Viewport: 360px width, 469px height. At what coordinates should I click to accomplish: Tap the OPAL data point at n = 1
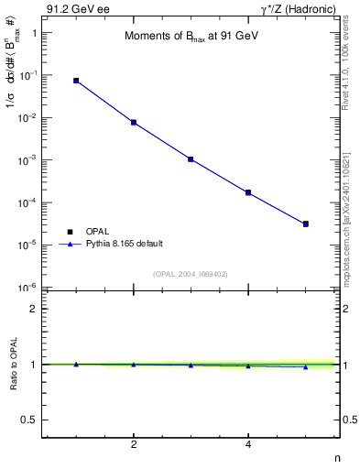click(76, 81)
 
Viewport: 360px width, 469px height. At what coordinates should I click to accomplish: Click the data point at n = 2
click(134, 122)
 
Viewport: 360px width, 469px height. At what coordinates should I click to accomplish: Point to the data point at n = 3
click(191, 159)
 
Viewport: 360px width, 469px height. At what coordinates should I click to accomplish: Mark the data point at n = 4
click(248, 192)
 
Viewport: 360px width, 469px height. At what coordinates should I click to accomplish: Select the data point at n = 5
click(306, 224)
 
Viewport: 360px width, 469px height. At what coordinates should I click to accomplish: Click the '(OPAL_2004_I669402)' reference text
click(191, 273)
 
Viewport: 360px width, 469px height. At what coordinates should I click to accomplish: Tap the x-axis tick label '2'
click(134, 445)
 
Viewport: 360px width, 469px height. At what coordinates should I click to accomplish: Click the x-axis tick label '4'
click(248, 445)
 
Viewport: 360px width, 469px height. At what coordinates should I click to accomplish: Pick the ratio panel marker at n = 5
click(306, 366)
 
